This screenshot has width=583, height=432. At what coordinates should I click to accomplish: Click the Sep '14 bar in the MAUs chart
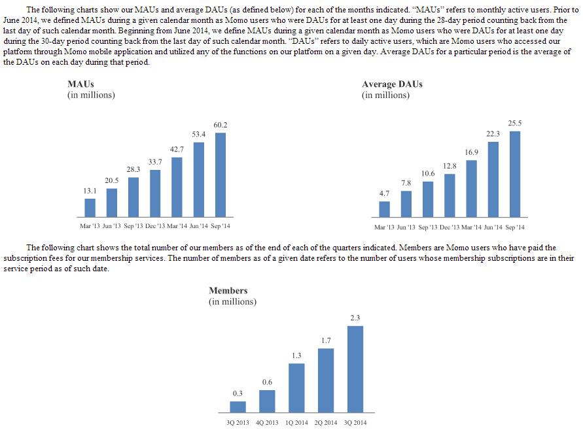pyautogui.click(x=221, y=174)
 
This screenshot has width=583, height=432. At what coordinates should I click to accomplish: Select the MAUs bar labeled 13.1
pyautogui.click(x=90, y=207)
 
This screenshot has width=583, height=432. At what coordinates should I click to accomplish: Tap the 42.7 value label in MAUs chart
pyautogui.click(x=177, y=150)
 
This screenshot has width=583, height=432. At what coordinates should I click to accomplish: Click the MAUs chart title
pyautogui.click(x=80, y=84)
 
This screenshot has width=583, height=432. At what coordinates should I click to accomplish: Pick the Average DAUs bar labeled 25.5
pyautogui.click(x=515, y=174)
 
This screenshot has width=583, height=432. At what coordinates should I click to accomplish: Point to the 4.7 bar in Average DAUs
pyautogui.click(x=385, y=208)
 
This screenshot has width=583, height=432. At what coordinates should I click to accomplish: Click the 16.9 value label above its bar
pyautogui.click(x=472, y=152)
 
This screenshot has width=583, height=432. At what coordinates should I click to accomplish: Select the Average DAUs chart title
pyautogui.click(x=392, y=84)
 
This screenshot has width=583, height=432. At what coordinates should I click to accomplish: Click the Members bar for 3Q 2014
pyautogui.click(x=355, y=369)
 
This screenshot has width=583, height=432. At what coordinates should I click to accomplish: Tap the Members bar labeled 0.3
pyautogui.click(x=238, y=407)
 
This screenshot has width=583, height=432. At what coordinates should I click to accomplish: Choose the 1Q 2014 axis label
pyautogui.click(x=296, y=423)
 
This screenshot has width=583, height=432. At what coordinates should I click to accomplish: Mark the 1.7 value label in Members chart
pyautogui.click(x=326, y=341)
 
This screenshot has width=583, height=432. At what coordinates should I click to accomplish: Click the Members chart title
pyautogui.click(x=228, y=290)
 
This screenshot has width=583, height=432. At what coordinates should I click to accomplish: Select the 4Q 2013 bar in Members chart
pyautogui.click(x=267, y=401)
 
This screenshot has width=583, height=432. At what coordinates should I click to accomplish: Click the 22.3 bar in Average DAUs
pyautogui.click(x=493, y=179)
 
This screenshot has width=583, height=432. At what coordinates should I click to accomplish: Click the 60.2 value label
pyautogui.click(x=221, y=125)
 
